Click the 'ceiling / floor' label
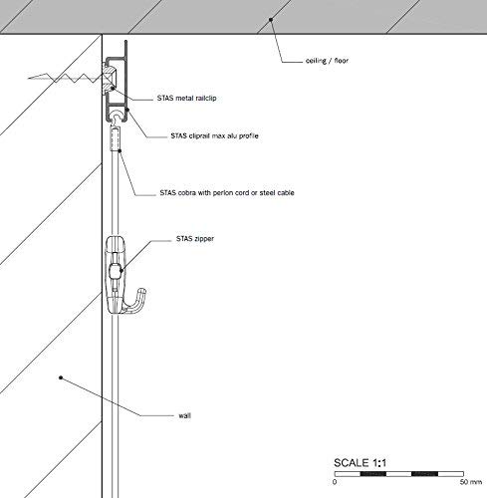pos(327,61)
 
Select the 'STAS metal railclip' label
pos(186,98)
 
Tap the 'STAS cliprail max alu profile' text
pos(214,135)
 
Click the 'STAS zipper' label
pos(195,239)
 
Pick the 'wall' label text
pos(184,415)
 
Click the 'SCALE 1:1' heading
pos(360,462)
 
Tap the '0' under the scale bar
pos(335,482)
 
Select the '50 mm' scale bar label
pos(471,482)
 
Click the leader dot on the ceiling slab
pos(271,20)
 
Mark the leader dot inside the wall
pos(61,377)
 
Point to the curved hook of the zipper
pos(136,302)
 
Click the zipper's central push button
pos(115,271)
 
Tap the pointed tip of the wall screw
pos(29,79)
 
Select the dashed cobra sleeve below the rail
pos(115,139)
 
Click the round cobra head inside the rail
pos(117,117)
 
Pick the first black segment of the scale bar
pos(373,474)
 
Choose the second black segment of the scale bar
pos(424,474)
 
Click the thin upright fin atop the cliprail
pos(126,49)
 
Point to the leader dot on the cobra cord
pos(120,151)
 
